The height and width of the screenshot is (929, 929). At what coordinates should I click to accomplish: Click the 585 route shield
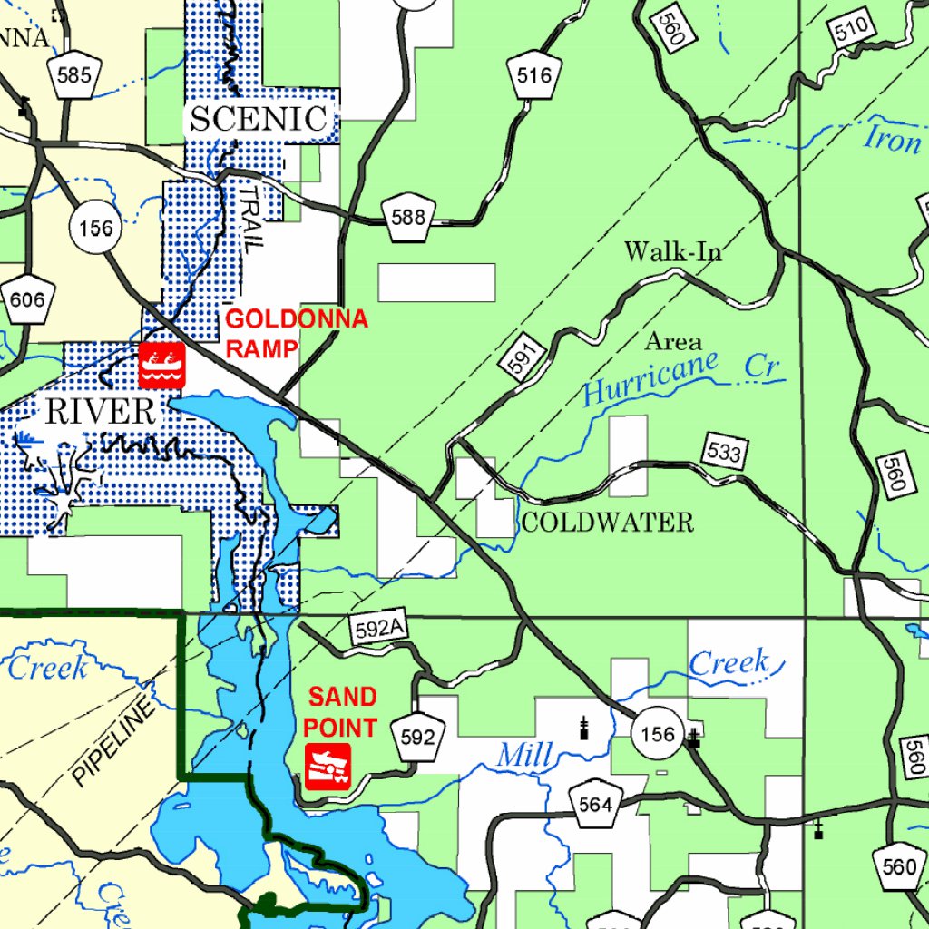[73, 76]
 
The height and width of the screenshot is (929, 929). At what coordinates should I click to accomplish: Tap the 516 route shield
[534, 77]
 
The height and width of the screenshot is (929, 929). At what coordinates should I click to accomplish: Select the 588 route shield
[408, 218]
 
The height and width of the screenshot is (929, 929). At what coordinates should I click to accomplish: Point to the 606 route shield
[27, 300]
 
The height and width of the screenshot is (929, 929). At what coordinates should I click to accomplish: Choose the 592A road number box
[378, 628]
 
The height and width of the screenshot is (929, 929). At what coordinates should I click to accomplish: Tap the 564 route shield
[595, 804]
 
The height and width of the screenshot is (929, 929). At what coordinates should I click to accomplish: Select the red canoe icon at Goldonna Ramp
[162, 366]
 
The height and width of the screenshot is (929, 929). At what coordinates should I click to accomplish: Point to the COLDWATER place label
[607, 523]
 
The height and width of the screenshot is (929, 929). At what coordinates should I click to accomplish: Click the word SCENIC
[258, 119]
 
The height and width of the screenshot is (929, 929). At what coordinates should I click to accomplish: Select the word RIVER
[100, 412]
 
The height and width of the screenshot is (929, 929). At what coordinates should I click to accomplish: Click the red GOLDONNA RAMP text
[296, 333]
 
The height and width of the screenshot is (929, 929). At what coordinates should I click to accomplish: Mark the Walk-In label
[673, 251]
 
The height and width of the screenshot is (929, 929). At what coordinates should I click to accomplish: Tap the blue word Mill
[524, 753]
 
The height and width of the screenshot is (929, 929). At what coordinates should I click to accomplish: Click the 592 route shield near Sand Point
[417, 738]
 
